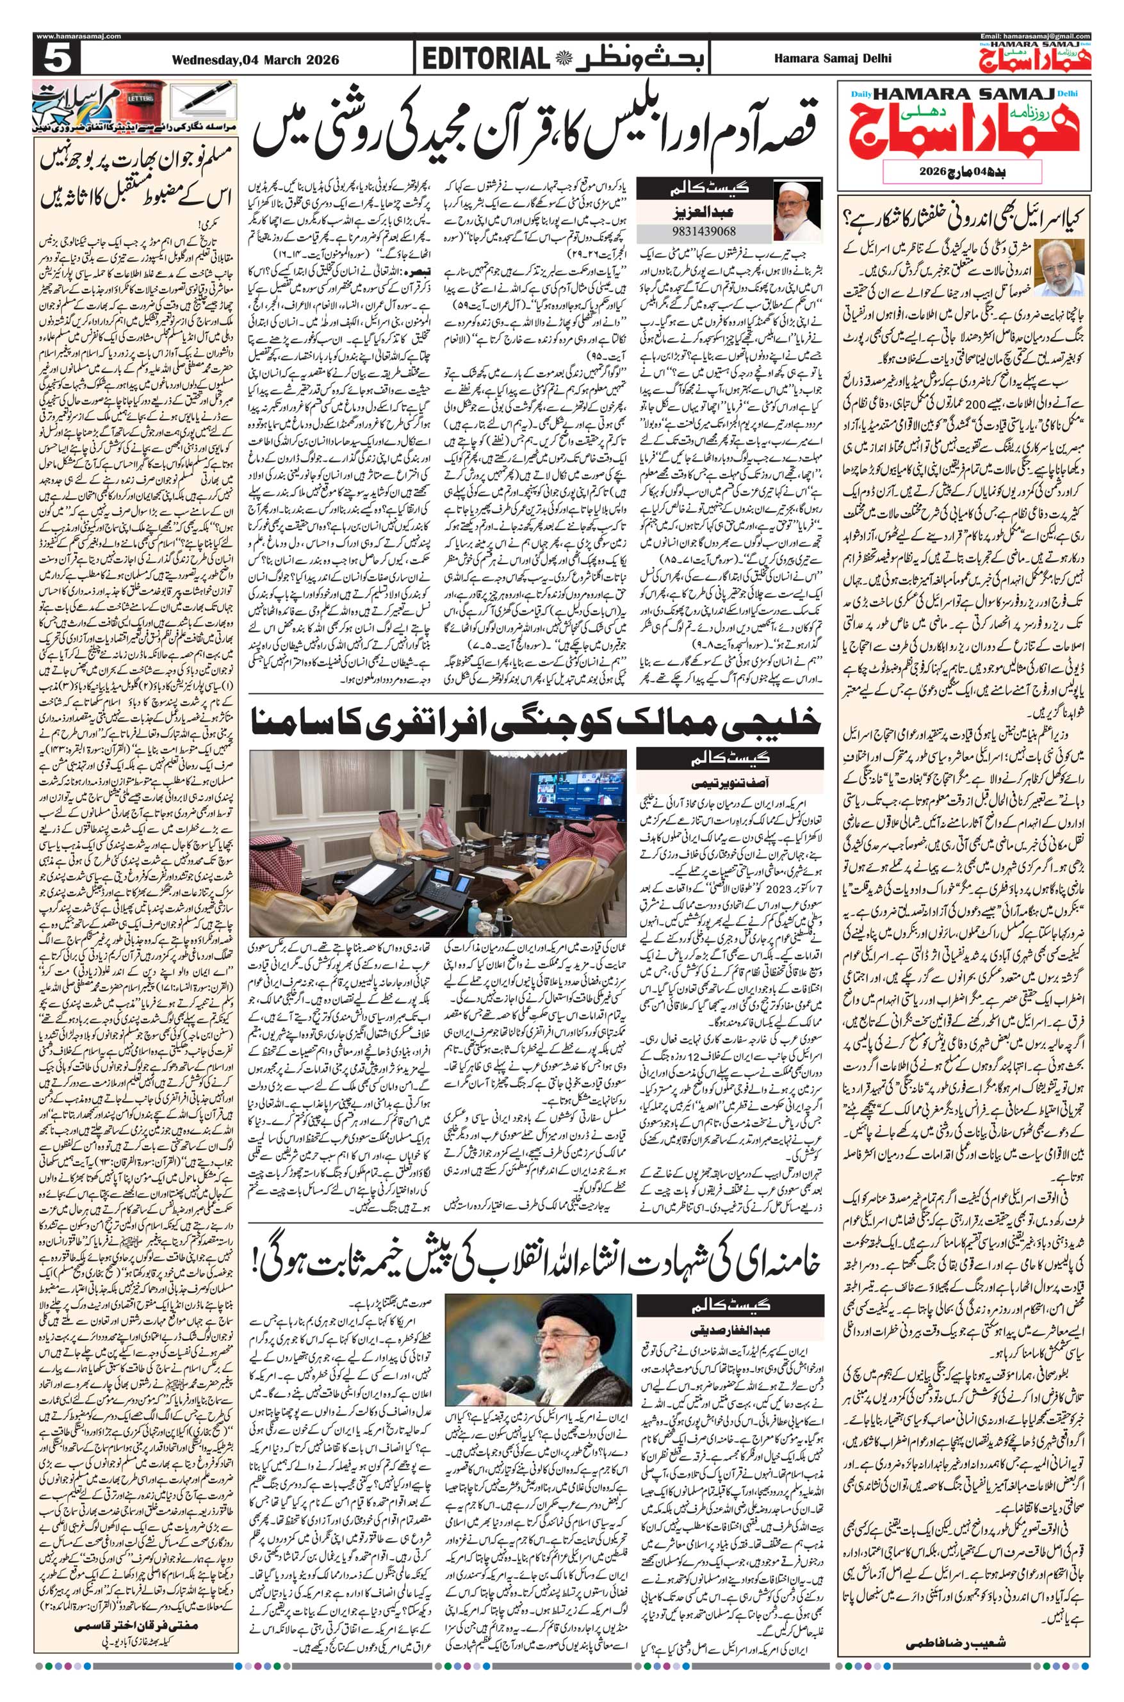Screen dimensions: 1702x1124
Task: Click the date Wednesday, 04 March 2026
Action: pyautogui.click(x=254, y=60)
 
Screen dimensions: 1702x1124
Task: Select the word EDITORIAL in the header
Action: pyautogui.click(x=485, y=59)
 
